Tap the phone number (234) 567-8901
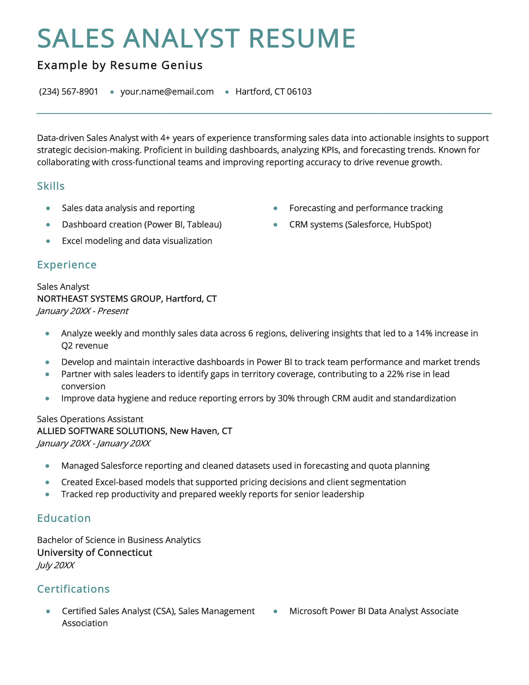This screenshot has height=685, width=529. tap(69, 91)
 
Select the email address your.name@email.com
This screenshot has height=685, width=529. tap(167, 91)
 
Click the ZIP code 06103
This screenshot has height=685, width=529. tap(299, 91)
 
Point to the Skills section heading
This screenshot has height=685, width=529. tap(51, 186)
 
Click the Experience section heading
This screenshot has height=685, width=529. tap(67, 265)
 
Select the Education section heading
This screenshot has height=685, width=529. tap(64, 518)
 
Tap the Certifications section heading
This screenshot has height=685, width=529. tap(73, 589)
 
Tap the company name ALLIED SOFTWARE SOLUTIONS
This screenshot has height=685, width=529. tap(101, 431)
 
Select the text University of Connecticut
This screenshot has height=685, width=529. tap(94, 553)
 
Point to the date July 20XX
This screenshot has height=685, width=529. tap(56, 566)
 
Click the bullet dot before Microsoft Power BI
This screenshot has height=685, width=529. tap(275, 611)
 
